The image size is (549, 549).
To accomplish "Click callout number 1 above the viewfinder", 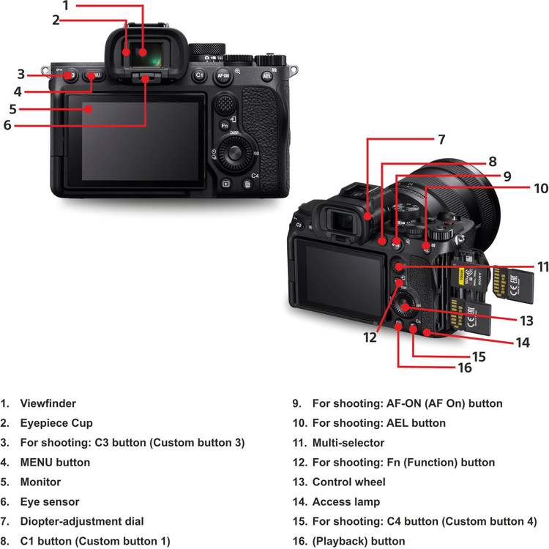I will click(66, 6).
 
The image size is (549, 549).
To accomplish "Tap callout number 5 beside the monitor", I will click(13, 109).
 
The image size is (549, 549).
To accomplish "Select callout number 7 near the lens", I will click(441, 138).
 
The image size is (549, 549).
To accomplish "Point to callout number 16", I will click(465, 367).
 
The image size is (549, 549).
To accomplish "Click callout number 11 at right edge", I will click(542, 267).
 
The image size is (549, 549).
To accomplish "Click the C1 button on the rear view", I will click(198, 75).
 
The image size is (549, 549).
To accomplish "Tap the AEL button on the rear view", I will click(268, 75).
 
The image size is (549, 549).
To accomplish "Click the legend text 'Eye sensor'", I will click(50, 502).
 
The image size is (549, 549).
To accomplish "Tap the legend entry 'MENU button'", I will click(55, 463).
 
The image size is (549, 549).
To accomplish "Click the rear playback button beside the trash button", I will click(226, 184).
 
